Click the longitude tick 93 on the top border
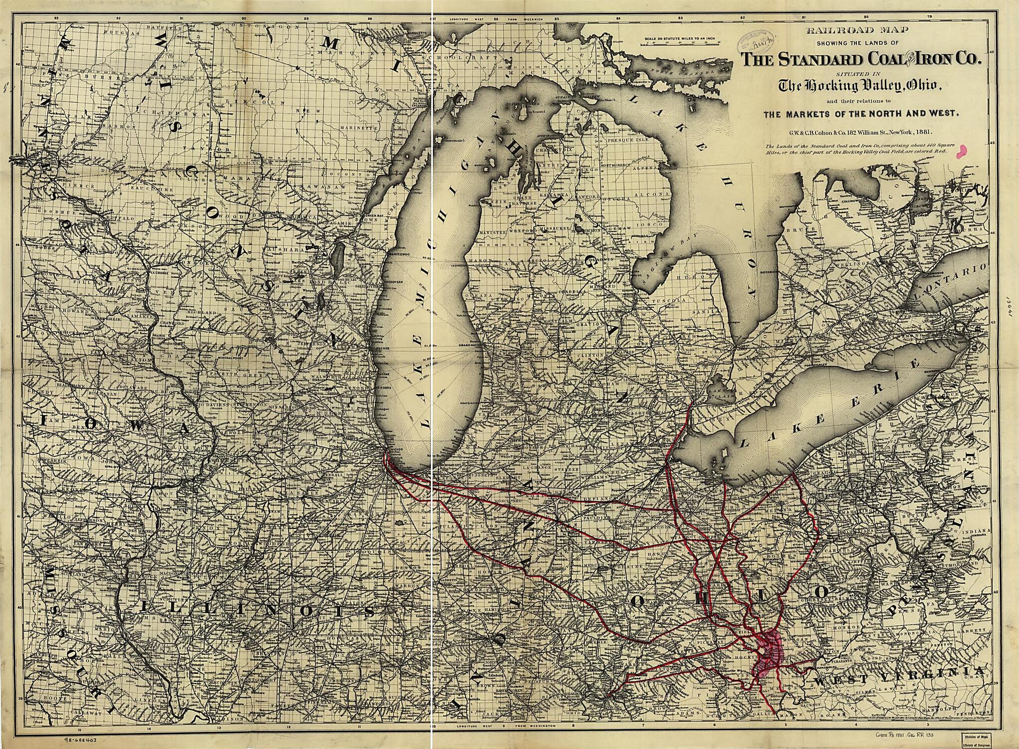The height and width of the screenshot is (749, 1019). [56, 18]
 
